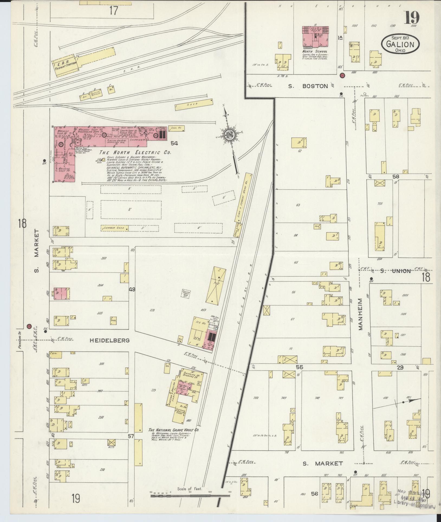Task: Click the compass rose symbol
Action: click(x=228, y=134)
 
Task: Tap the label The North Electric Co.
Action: click(x=135, y=153)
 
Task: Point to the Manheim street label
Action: click(x=361, y=315)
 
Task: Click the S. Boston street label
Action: click(x=308, y=86)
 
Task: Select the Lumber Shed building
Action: click(x=114, y=228)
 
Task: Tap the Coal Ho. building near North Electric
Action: click(x=177, y=128)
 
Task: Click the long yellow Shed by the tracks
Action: click(x=194, y=104)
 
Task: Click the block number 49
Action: click(x=132, y=289)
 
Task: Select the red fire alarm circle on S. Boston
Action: click(x=342, y=75)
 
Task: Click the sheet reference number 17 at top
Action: click(x=114, y=11)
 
